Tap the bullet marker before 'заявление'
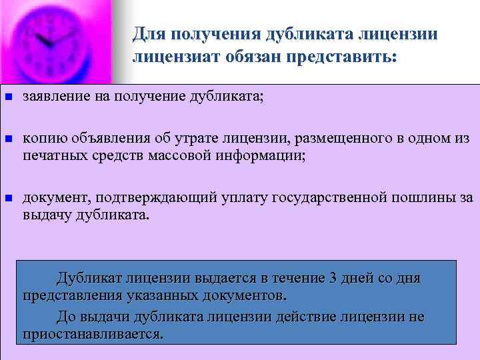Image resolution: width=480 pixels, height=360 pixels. pos(8,98)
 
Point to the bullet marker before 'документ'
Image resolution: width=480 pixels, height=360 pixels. pos(8,198)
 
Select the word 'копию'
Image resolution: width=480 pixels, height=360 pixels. pos(41,139)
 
